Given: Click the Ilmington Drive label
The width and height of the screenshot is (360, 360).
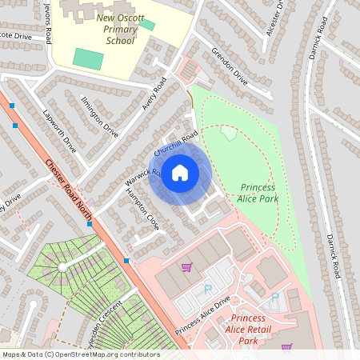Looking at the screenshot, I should click(100, 116).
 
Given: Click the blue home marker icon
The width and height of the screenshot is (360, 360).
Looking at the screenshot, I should click(180, 173).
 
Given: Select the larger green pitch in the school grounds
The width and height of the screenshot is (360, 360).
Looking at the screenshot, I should click(88, 58).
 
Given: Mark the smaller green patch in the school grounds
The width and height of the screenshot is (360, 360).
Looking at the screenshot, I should click(146, 24).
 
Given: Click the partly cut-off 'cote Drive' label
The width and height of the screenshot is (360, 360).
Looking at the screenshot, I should click(15, 36).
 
